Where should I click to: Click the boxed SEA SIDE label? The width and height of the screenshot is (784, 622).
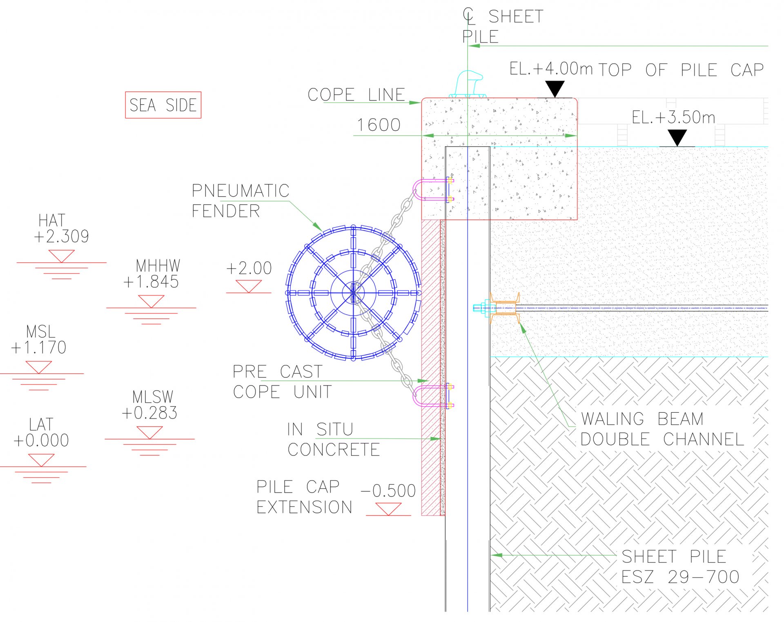tap(163, 105)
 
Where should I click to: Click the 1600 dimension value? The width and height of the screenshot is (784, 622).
tap(379, 125)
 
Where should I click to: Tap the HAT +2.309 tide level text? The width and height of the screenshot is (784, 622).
tap(61, 229)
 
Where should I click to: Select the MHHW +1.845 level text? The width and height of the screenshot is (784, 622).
tap(152, 274)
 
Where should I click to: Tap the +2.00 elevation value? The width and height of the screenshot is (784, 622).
tap(249, 268)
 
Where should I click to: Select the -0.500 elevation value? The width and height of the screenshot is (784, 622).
tap(388, 491)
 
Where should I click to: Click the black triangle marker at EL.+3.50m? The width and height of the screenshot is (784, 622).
tap(677, 137)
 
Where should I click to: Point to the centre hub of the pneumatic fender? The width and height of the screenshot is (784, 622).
tap(353, 293)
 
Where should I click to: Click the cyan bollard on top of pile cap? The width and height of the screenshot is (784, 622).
tap(468, 84)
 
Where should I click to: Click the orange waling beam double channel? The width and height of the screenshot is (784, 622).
tap(505, 308)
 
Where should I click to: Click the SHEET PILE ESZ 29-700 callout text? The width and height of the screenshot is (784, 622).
tap(680, 567)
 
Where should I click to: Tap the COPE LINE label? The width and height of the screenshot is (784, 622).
tap(356, 95)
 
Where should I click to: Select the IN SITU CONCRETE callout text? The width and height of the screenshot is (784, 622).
tap(333, 440)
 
